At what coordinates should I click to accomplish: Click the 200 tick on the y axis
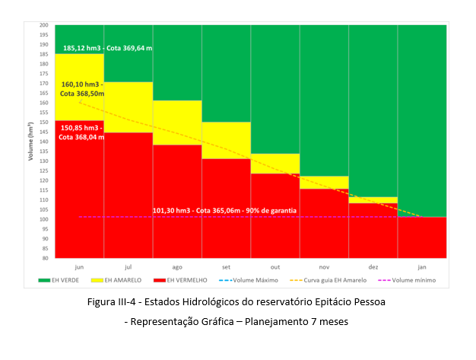[x=44, y=25]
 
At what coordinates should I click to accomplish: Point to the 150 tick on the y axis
[x=44, y=122]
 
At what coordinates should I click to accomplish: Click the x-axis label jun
[x=79, y=267]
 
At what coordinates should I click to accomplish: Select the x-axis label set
[x=226, y=267]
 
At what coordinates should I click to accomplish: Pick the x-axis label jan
[x=422, y=267]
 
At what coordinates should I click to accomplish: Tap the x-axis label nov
[x=324, y=267]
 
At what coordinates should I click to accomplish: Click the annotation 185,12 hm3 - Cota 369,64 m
[x=107, y=48]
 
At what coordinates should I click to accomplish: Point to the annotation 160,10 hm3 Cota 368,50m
[x=81, y=90]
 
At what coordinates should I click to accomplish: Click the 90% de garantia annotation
[x=225, y=210]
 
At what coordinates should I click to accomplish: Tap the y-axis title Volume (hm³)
[x=31, y=142]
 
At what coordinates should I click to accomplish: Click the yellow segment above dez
[x=373, y=200]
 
